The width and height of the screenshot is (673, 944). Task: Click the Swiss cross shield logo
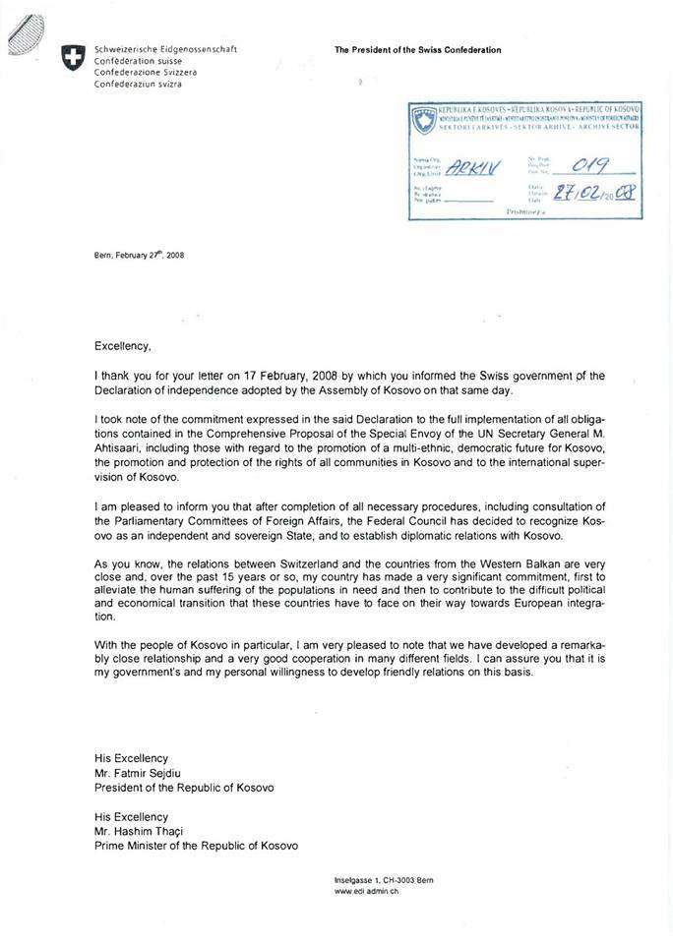[72, 58]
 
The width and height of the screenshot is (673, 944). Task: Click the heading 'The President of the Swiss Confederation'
[417, 49]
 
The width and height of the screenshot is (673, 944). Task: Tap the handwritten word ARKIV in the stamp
[476, 167]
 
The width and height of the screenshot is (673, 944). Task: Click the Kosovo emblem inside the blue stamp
[424, 122]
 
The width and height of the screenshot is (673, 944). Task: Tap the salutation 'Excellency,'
[123, 346]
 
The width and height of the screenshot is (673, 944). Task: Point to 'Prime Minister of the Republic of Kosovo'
[196, 846]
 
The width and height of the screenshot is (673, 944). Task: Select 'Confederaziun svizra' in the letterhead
[139, 85]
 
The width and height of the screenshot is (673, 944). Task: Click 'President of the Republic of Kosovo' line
[184, 787]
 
